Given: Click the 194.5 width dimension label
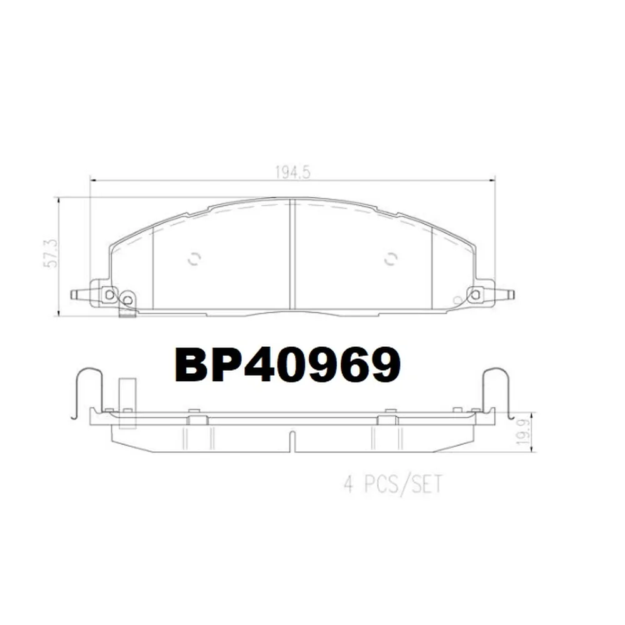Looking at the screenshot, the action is pyautogui.click(x=292, y=172).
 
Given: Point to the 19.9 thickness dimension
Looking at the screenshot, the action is pyautogui.click(x=523, y=432).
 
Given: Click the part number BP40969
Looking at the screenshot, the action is pyautogui.click(x=287, y=364).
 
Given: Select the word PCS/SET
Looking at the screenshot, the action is pyautogui.click(x=403, y=485).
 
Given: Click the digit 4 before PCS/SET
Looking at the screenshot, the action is pyautogui.click(x=349, y=485).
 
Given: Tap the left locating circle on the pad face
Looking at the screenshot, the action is pyautogui.click(x=194, y=259).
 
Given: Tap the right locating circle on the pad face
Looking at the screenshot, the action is pyautogui.click(x=391, y=259).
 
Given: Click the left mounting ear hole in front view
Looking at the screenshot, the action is pyautogui.click(x=109, y=295).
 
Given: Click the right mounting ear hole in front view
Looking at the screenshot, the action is pyautogui.click(x=475, y=295).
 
